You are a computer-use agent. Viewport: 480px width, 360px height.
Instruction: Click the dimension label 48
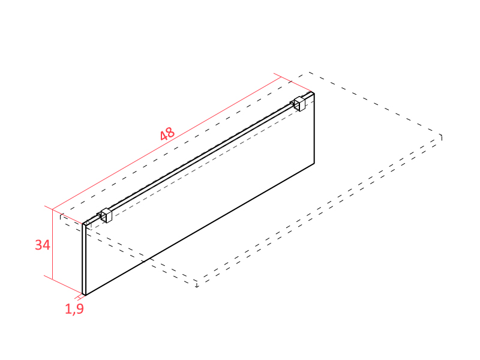[167, 134]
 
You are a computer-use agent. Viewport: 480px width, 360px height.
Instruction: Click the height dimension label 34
[43, 245]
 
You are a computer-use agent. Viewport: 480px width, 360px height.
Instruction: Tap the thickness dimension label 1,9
[74, 309]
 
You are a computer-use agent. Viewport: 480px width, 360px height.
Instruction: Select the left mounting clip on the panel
[105, 215]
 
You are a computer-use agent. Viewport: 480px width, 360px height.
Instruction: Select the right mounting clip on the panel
[298, 104]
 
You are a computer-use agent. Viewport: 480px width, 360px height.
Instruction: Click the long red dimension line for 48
[167, 143]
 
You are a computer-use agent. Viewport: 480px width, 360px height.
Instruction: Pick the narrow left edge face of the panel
[84, 259]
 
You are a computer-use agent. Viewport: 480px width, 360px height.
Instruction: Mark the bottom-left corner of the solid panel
[85, 295]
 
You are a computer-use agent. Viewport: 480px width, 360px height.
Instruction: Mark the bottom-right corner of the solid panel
[314, 163]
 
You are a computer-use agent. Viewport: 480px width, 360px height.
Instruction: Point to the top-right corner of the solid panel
[314, 94]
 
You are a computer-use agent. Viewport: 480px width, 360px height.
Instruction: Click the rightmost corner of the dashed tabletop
[442, 135]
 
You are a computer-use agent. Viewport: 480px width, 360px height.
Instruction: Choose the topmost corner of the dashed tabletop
[308, 72]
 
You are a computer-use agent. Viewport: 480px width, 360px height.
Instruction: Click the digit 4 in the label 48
[164, 136]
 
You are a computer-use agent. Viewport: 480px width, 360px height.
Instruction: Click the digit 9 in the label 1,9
[79, 308]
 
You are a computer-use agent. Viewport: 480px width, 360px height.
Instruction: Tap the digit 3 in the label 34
[38, 245]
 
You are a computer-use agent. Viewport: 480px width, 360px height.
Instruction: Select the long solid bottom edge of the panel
[200, 230]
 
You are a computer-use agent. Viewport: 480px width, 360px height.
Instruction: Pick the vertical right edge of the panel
[314, 128]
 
